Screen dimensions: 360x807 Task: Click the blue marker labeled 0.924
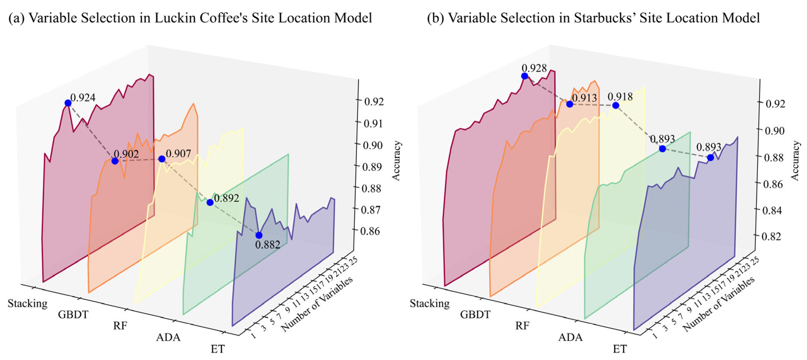click(x=68, y=103)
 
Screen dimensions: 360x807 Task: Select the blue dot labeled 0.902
click(x=115, y=161)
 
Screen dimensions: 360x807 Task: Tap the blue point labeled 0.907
click(x=162, y=159)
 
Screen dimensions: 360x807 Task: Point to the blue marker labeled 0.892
click(x=210, y=203)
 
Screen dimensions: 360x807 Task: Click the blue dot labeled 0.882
click(x=259, y=235)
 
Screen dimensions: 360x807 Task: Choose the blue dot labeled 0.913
click(x=570, y=104)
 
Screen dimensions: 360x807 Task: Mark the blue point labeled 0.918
click(x=616, y=106)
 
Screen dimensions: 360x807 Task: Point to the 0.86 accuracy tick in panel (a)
click(x=370, y=231)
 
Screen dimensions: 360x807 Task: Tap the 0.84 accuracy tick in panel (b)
click(x=772, y=210)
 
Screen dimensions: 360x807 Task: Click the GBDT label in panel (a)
click(x=73, y=314)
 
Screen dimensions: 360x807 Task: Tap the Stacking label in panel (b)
click(x=429, y=303)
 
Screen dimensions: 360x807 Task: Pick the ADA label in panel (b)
click(x=570, y=337)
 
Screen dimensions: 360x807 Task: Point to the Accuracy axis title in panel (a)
click(x=397, y=161)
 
